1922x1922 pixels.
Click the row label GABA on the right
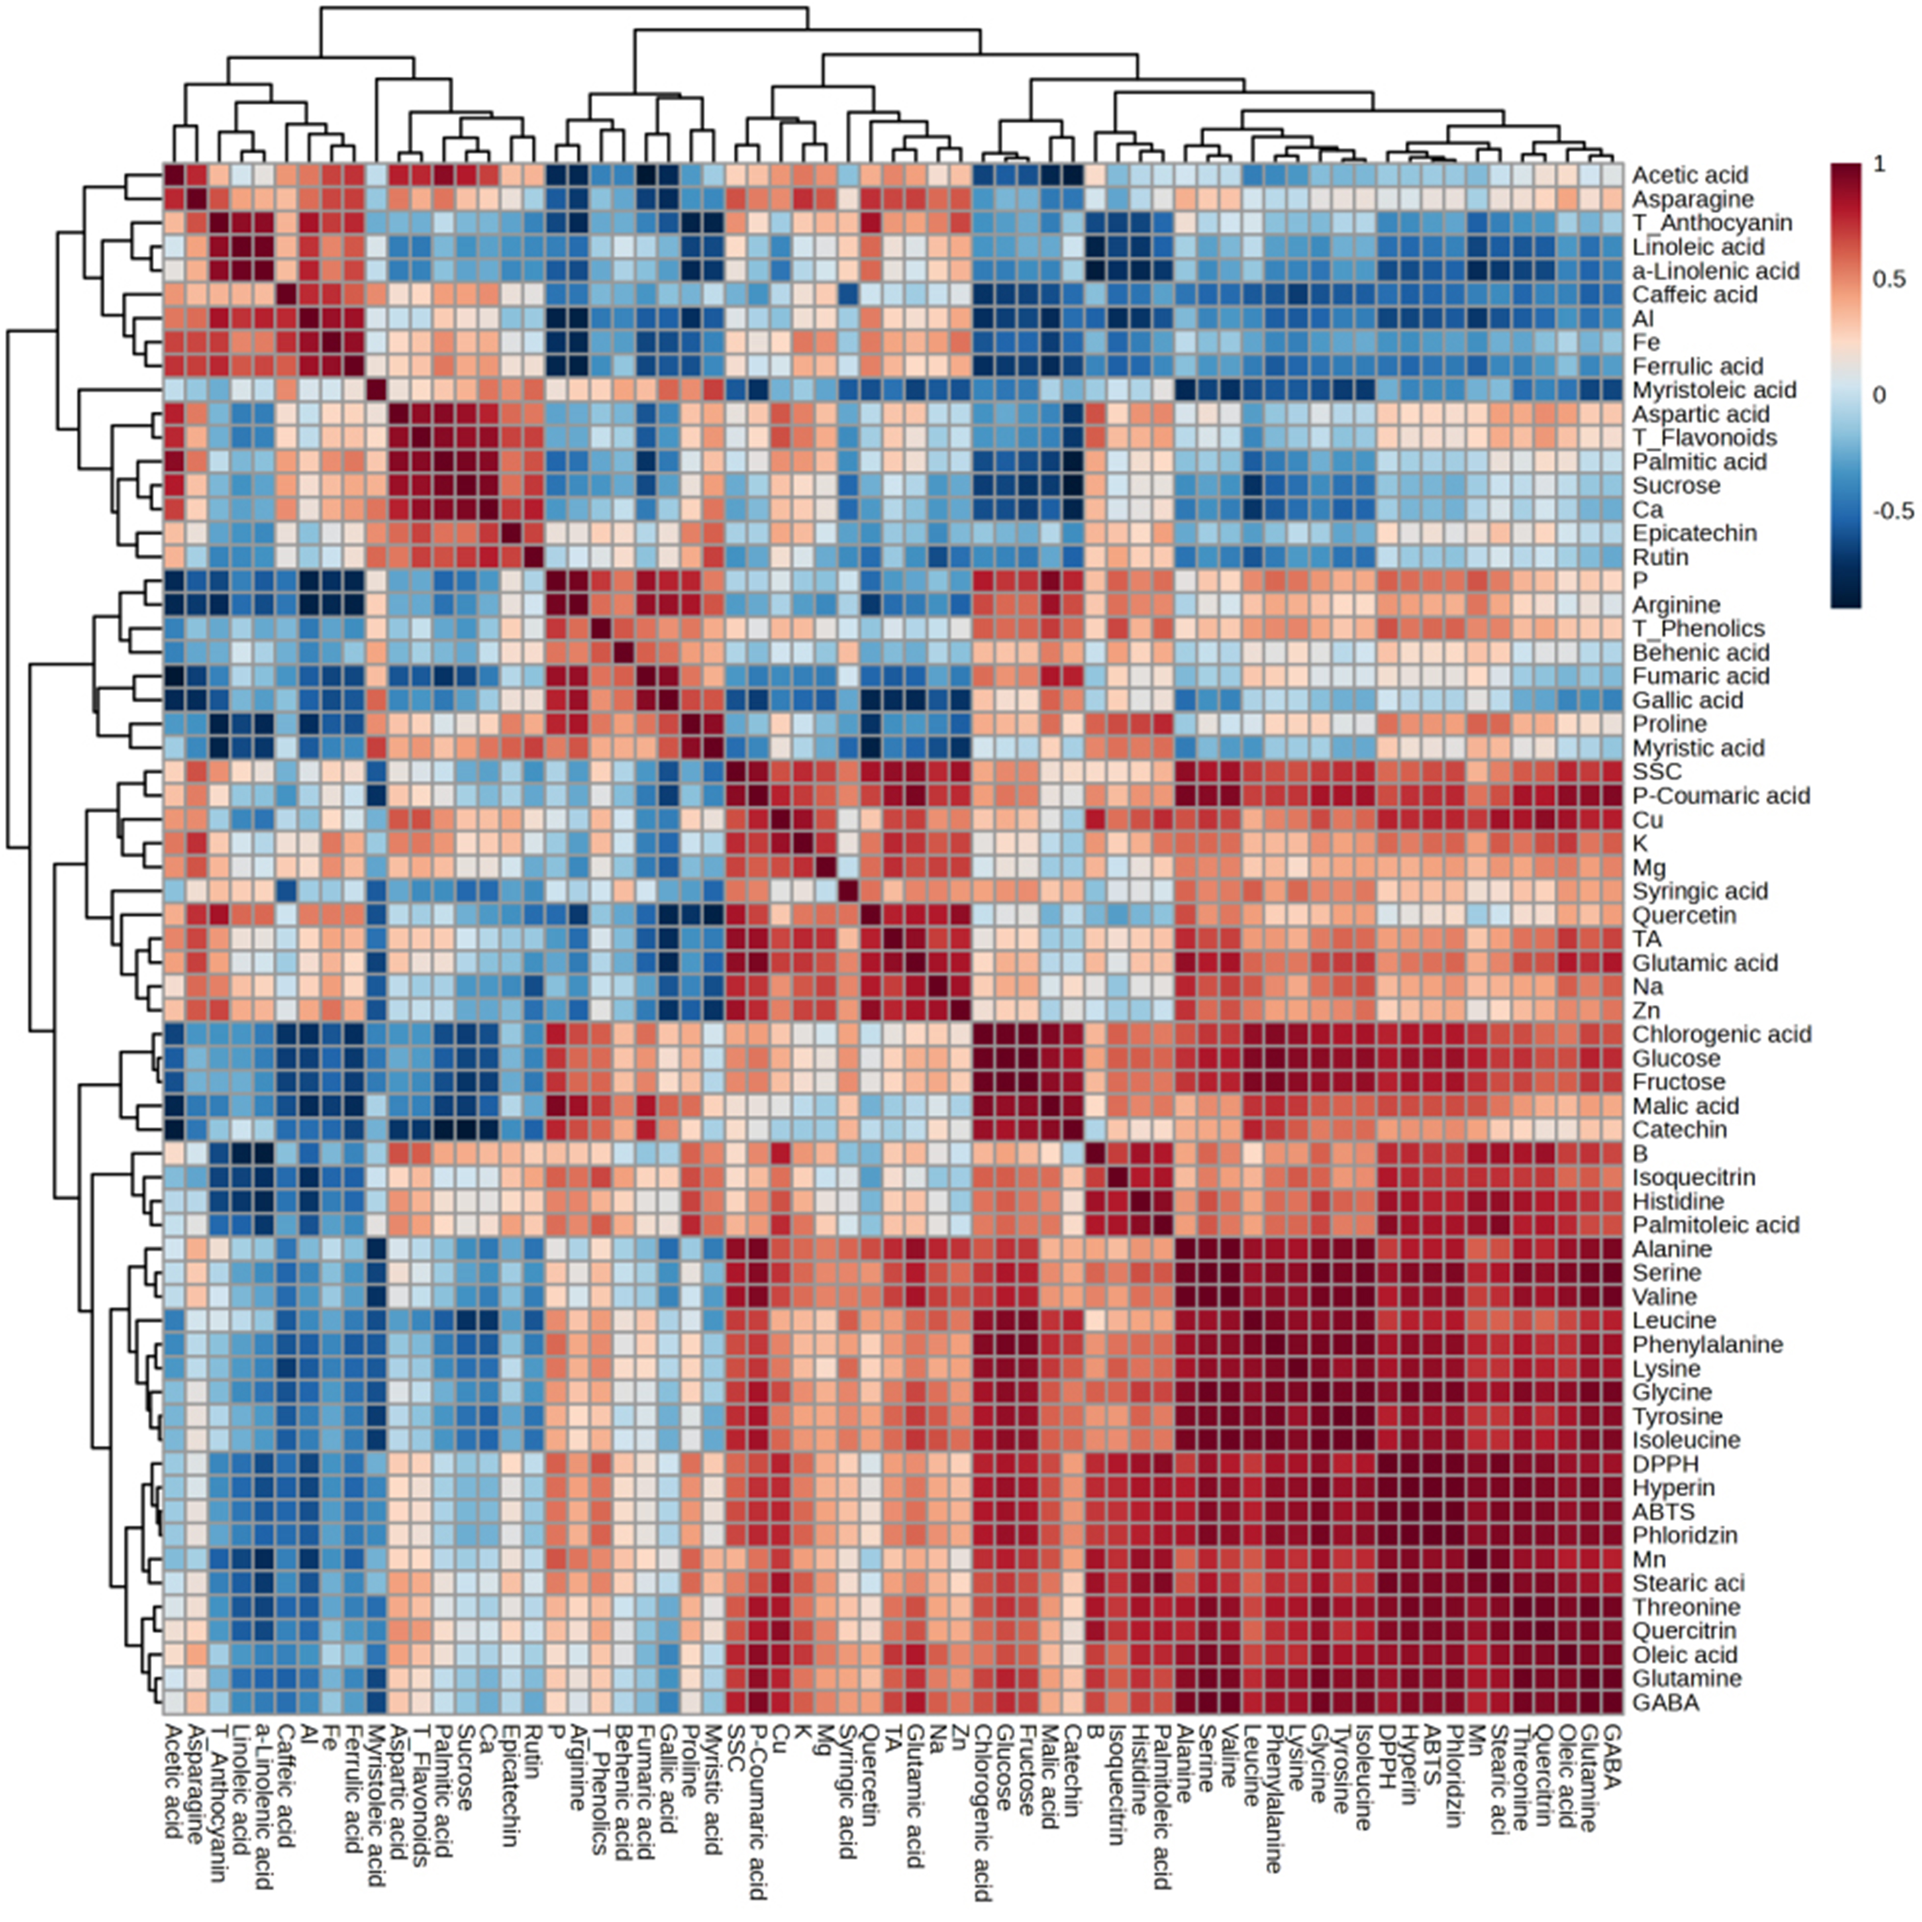click(1665, 1703)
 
